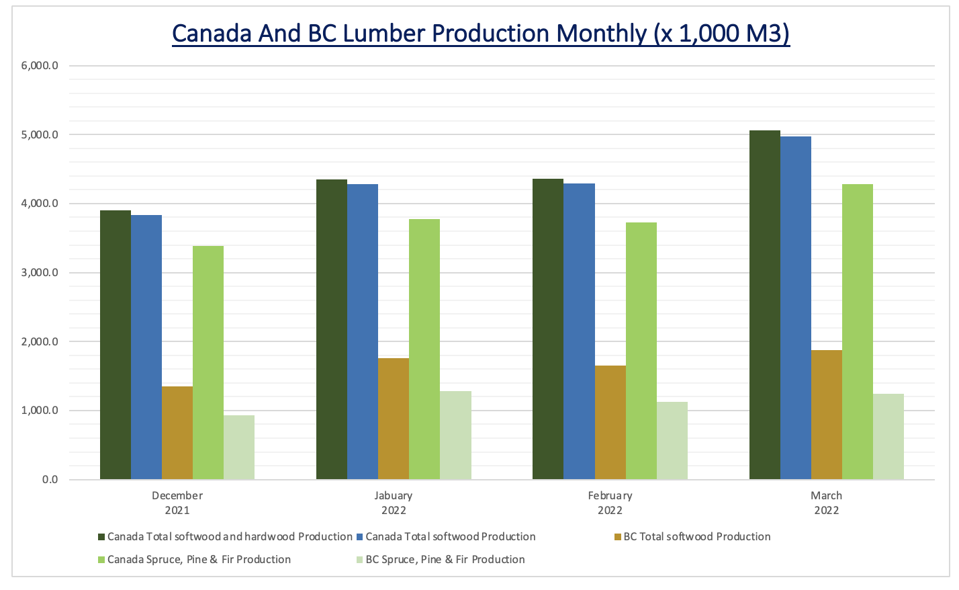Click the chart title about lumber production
click(480, 33)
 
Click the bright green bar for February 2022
click(641, 351)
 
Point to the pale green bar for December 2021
click(239, 448)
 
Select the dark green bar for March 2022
click(765, 305)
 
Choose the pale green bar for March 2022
click(888, 437)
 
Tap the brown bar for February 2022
click(610, 423)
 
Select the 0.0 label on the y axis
click(50, 480)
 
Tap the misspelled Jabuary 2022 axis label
click(394, 503)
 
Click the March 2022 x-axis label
click(826, 503)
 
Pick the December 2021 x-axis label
click(177, 503)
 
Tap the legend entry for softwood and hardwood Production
click(229, 537)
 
